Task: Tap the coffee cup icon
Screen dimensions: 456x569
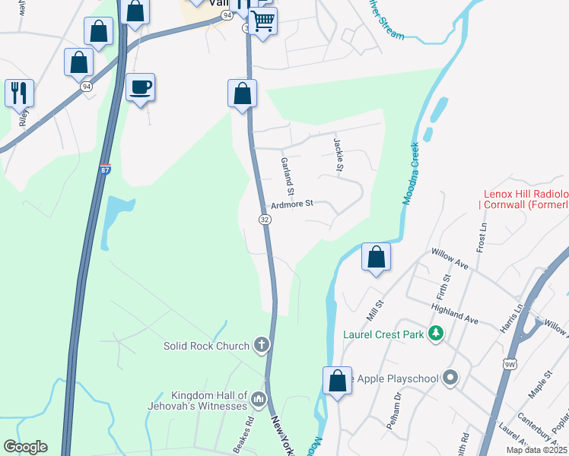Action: click(140, 87)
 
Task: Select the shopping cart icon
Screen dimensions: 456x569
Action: click(262, 21)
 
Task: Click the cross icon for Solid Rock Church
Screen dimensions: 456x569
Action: click(261, 346)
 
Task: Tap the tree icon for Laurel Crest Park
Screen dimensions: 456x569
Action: click(436, 333)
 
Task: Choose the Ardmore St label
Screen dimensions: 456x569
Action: click(292, 204)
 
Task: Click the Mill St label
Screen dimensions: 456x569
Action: click(371, 310)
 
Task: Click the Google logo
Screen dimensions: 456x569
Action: click(25, 447)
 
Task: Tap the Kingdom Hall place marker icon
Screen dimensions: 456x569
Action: click(259, 399)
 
